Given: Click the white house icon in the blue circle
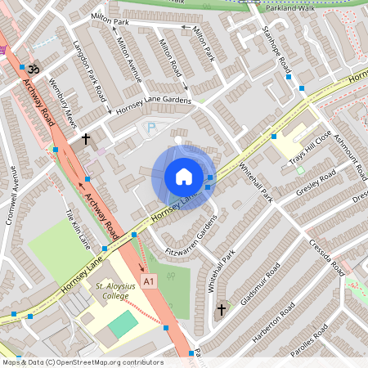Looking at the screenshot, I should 184,177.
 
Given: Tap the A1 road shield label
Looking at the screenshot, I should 148,281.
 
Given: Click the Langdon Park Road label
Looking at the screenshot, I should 89,70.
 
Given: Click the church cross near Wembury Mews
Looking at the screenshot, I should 86,140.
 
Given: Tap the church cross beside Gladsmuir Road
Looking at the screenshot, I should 221,310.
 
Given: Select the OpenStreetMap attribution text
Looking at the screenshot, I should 82,362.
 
